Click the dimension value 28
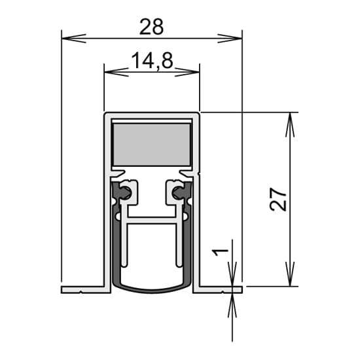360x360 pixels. (x=152, y=27)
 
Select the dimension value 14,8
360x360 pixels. (x=152, y=61)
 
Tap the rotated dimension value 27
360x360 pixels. (x=278, y=199)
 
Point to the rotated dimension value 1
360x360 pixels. (x=220, y=253)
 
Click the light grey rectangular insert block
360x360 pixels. (x=152, y=145)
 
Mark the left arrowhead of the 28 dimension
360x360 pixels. (x=74, y=39)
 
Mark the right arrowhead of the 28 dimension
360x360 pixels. (x=230, y=39)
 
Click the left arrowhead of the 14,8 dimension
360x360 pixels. (x=117, y=72)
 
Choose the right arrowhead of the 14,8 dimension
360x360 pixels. (x=187, y=72)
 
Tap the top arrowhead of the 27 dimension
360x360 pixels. (x=290, y=124)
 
